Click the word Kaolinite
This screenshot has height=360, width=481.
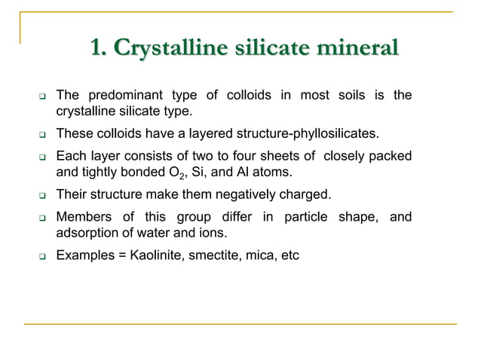156,256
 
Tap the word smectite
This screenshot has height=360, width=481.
216,256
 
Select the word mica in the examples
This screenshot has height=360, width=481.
263,256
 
